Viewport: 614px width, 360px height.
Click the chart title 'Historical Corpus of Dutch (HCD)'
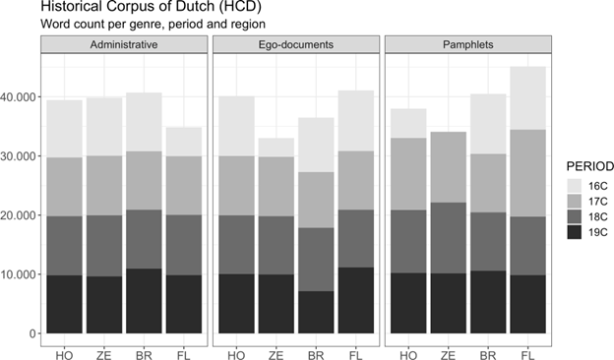pyautogui.click(x=146, y=8)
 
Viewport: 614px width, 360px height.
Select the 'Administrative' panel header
pyautogui.click(x=124, y=46)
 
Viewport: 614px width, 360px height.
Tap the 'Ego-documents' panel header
pyautogui.click(x=294, y=46)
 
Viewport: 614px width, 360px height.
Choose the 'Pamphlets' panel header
pyautogui.click(x=465, y=46)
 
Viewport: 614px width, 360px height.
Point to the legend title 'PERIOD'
pyautogui.click(x=582, y=164)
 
